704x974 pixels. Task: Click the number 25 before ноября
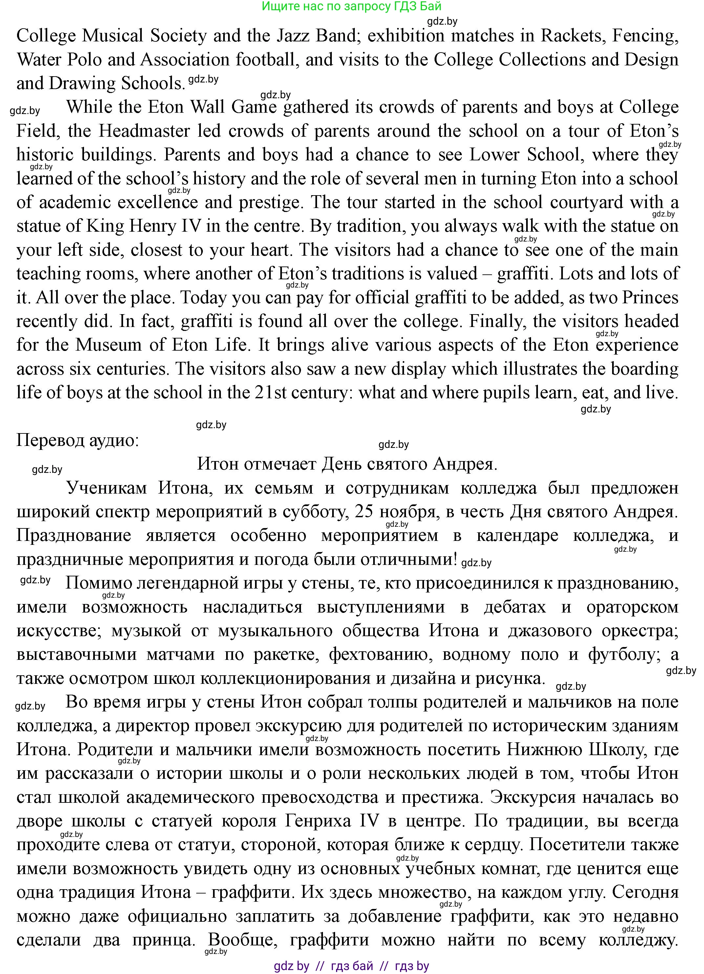[364, 512]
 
